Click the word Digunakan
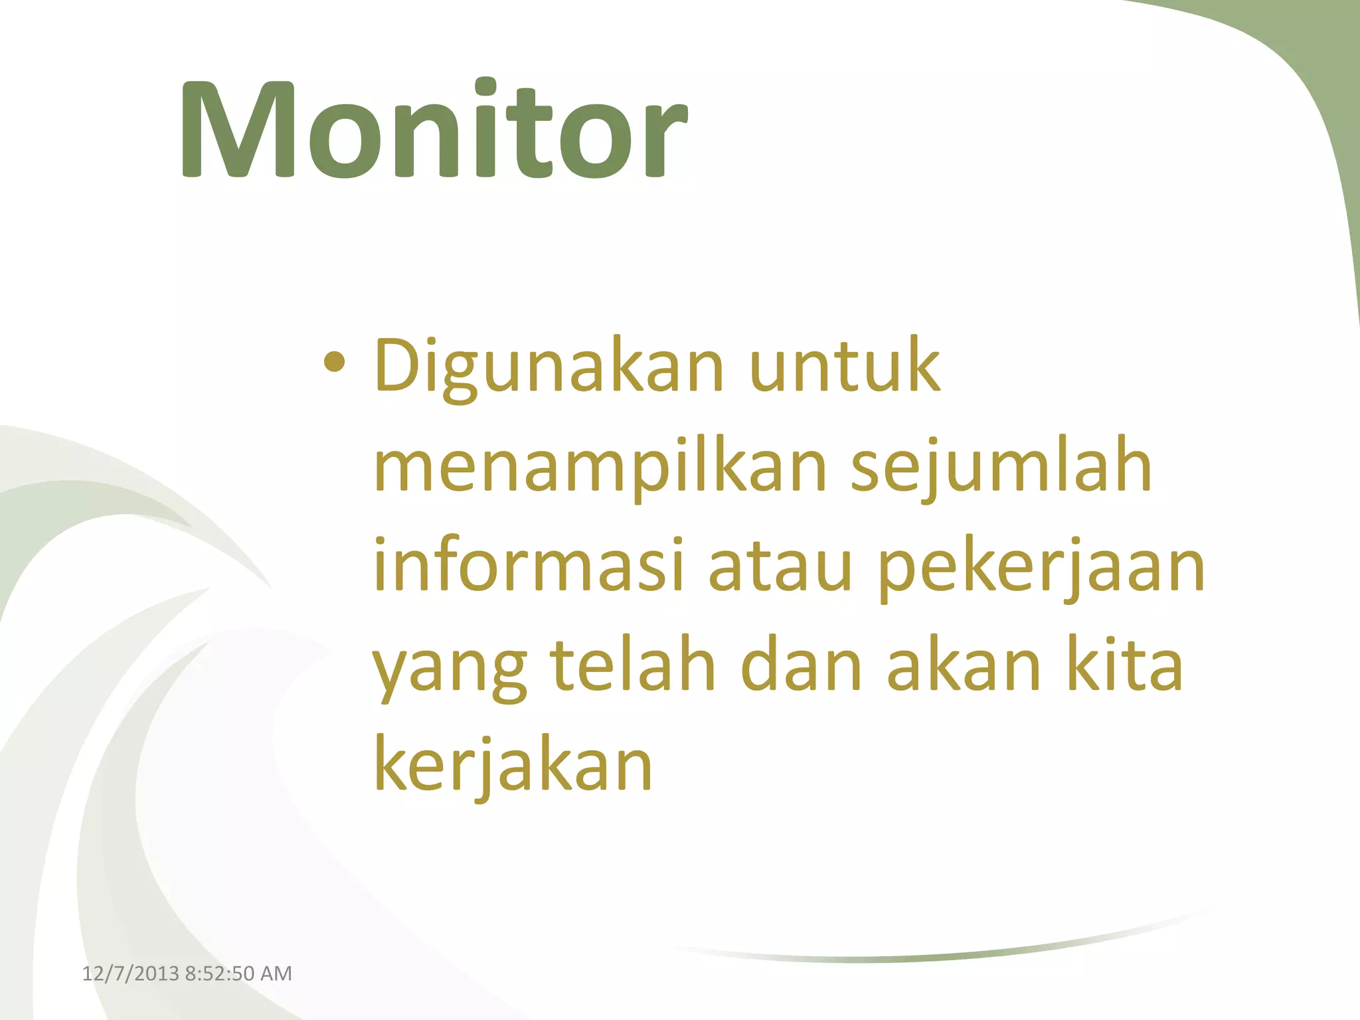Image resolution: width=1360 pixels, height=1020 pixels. click(549, 367)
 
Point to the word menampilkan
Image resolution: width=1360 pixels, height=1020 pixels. click(600, 468)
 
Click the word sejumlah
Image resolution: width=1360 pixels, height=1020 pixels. click(1001, 468)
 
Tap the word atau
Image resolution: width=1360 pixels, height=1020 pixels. click(780, 568)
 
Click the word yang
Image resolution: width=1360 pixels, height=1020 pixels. click(450, 667)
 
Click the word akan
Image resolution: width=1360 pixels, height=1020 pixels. click(964, 664)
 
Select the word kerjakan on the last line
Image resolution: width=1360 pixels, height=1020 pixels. click(513, 766)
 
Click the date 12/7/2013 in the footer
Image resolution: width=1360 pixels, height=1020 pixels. click(130, 974)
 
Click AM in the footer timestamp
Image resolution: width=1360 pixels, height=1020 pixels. click(276, 974)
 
